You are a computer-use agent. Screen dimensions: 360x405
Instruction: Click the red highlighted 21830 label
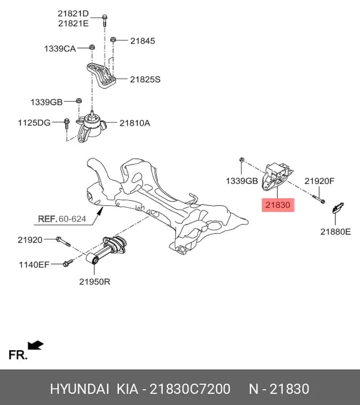pyautogui.click(x=278, y=205)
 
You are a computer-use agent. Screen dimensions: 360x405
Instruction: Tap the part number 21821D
pyautogui.click(x=73, y=13)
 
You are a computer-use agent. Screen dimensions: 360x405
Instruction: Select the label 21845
pyautogui.click(x=142, y=41)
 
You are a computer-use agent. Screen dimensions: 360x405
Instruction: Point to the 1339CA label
pyautogui.click(x=60, y=48)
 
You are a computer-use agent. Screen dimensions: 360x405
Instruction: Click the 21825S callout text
pyautogui.click(x=145, y=79)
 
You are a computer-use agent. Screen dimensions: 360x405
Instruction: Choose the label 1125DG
pyautogui.click(x=34, y=123)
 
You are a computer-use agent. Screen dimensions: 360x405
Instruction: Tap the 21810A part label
pyautogui.click(x=134, y=123)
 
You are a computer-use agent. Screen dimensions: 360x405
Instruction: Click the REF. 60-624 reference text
pyautogui.click(x=62, y=219)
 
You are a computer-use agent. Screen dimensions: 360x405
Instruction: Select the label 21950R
pyautogui.click(x=94, y=281)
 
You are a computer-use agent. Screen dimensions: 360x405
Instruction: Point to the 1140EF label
pyautogui.click(x=34, y=264)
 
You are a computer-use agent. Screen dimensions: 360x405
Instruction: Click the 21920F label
pyautogui.click(x=319, y=181)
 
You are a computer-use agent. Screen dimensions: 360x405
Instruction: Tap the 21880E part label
pyautogui.click(x=335, y=232)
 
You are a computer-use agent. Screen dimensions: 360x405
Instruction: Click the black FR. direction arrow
pyautogui.click(x=36, y=345)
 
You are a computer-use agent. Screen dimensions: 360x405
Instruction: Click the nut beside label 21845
pyautogui.click(x=113, y=39)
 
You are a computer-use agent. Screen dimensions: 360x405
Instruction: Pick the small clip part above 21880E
pyautogui.click(x=338, y=208)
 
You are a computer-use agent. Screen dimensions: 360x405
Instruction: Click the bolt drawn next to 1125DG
pyautogui.click(x=67, y=124)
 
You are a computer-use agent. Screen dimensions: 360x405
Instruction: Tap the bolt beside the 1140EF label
pyautogui.click(x=68, y=263)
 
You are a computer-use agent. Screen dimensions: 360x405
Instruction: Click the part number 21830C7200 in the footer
pyautogui.click(x=190, y=388)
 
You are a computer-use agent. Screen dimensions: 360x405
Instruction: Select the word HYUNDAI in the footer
pyautogui.click(x=79, y=388)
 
